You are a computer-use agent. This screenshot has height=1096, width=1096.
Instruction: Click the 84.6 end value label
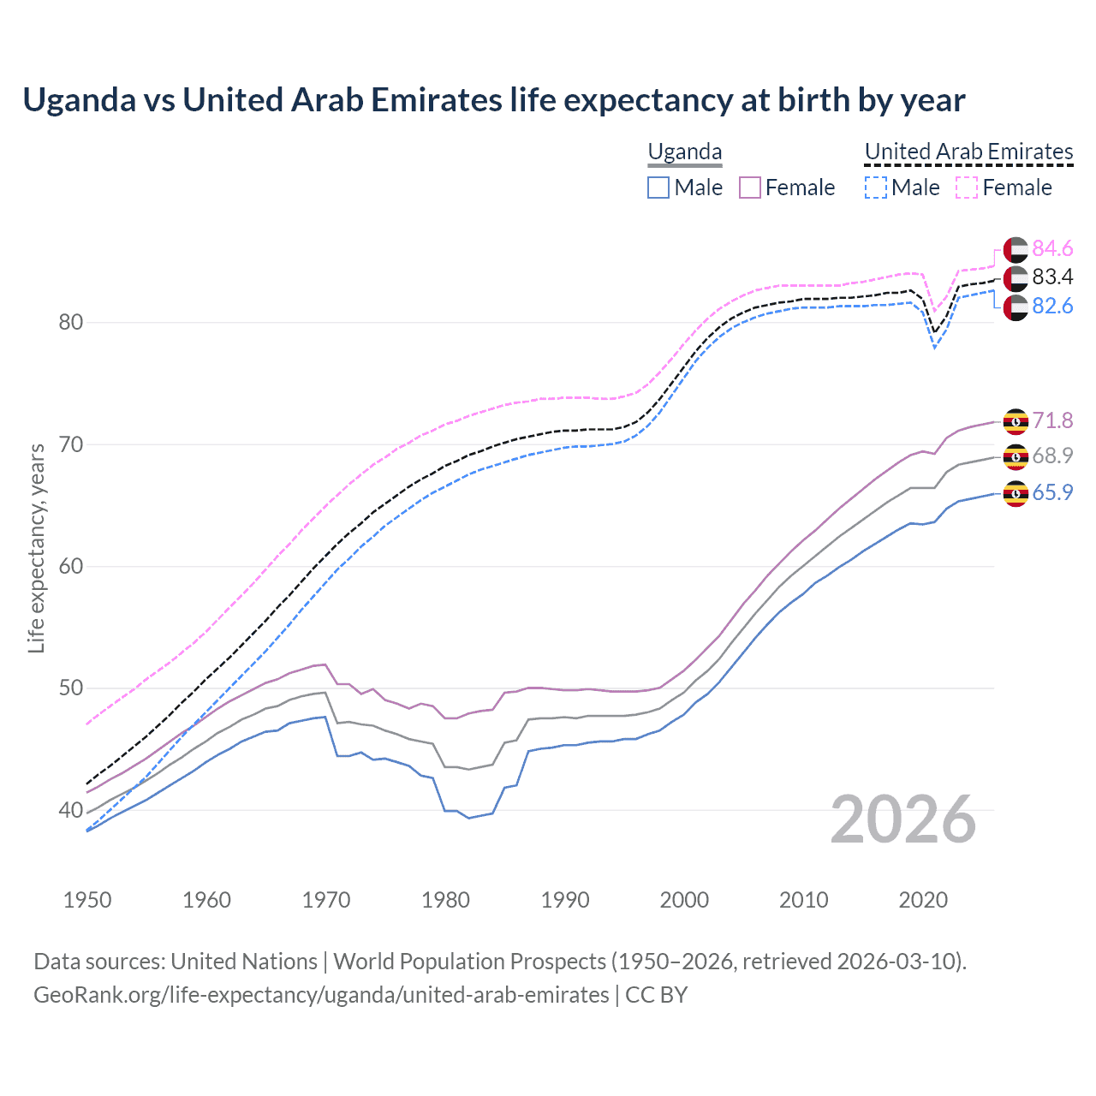[x=1052, y=248]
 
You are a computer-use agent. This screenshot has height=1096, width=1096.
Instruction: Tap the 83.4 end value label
[x=1052, y=277]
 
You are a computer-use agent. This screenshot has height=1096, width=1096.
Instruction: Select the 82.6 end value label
[x=1052, y=306]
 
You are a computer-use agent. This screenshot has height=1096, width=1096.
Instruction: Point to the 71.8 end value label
[x=1052, y=420]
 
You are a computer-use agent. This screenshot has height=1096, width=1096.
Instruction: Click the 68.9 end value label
[x=1052, y=456]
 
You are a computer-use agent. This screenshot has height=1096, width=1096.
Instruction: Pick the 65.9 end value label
[x=1052, y=492]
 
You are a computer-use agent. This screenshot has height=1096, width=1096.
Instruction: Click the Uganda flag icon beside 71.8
[x=1016, y=421]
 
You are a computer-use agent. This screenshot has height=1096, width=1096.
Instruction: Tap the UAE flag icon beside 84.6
[x=1016, y=249]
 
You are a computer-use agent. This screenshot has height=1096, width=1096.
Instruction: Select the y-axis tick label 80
[x=71, y=323]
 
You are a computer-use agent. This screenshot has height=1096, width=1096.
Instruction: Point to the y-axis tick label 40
[x=71, y=810]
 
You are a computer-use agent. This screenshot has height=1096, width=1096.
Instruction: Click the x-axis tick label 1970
[x=326, y=900]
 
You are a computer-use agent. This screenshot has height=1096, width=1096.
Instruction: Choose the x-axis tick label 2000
[x=684, y=900]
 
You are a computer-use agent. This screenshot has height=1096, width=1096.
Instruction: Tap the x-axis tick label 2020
[x=923, y=900]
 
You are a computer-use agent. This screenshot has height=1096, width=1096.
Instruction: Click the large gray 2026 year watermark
[x=903, y=819]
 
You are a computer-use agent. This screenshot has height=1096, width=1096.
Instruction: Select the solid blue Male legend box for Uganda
[x=658, y=188]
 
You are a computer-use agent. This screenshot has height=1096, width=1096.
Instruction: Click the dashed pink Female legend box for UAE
[x=966, y=188]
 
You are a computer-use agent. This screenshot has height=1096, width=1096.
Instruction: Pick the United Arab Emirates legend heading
[x=968, y=152]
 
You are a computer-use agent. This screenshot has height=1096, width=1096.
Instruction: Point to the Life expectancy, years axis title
[x=36, y=548]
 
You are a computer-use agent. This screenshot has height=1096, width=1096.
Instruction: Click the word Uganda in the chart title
[x=79, y=100]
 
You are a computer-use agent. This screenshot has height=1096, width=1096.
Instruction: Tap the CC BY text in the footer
[x=656, y=995]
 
